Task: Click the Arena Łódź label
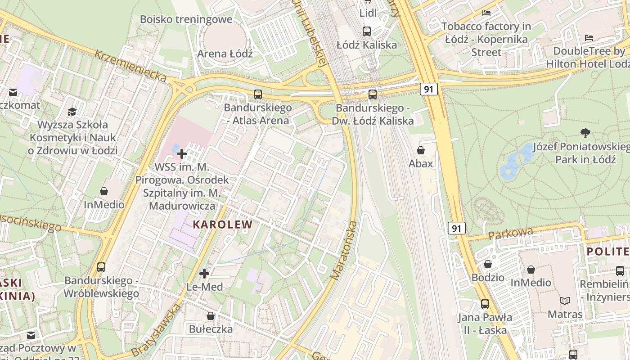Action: (x=225, y=54)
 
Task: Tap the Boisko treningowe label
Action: (x=186, y=19)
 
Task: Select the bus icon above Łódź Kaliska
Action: (x=367, y=31)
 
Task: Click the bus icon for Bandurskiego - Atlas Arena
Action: (x=257, y=94)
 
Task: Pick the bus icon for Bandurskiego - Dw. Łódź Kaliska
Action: (x=372, y=94)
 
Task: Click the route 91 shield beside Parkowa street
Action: (x=456, y=229)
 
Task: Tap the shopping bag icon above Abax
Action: (x=421, y=150)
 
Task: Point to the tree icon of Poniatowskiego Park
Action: (x=585, y=133)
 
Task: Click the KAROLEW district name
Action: (x=223, y=224)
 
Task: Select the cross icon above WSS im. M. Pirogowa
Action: (x=182, y=154)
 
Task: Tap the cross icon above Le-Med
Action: (x=204, y=273)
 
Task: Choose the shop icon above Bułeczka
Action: (x=210, y=316)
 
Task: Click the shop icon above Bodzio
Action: (x=488, y=264)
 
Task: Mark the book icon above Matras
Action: (x=564, y=301)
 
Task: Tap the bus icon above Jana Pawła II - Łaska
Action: (x=485, y=304)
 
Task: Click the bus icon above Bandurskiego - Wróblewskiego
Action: (x=101, y=267)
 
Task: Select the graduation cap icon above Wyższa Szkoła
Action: (x=72, y=111)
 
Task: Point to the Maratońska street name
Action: (x=344, y=250)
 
